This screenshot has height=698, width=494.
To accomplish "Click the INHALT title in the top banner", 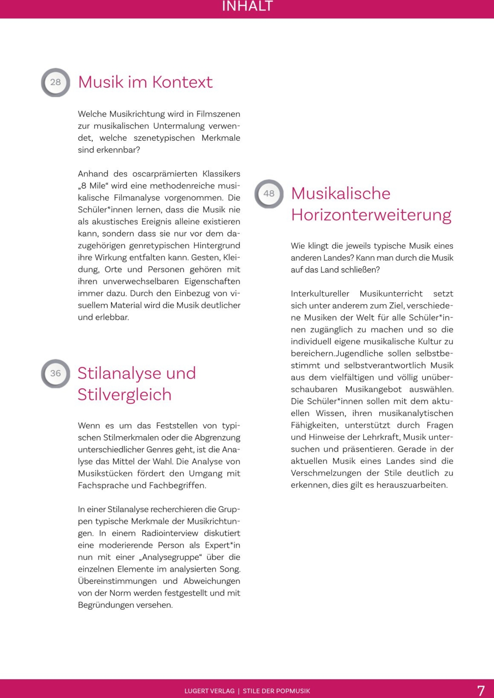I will tap(247, 6).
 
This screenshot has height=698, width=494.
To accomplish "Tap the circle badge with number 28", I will tap(56, 82).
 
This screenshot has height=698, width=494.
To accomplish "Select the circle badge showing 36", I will tap(56, 373).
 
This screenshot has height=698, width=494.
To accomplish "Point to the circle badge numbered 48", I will tap(269, 194).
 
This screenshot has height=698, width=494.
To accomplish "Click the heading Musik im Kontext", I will tap(145, 82).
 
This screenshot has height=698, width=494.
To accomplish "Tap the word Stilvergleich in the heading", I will tap(124, 395).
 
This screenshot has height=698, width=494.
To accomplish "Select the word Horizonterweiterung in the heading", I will tap(371, 215).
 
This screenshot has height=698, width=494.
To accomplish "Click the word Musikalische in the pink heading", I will tap(341, 194).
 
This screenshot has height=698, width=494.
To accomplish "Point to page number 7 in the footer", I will tap(481, 691).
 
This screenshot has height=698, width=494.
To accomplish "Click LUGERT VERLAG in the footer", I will tap(209, 691).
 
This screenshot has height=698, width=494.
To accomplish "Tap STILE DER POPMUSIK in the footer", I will tap(276, 691).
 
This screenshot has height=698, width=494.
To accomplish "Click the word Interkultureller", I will tap(320, 294).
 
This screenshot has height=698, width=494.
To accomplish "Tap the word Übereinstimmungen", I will tap(117, 581).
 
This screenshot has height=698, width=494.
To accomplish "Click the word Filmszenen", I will tap(218, 114).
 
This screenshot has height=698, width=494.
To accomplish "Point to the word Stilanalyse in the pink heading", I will tap(119, 373).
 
